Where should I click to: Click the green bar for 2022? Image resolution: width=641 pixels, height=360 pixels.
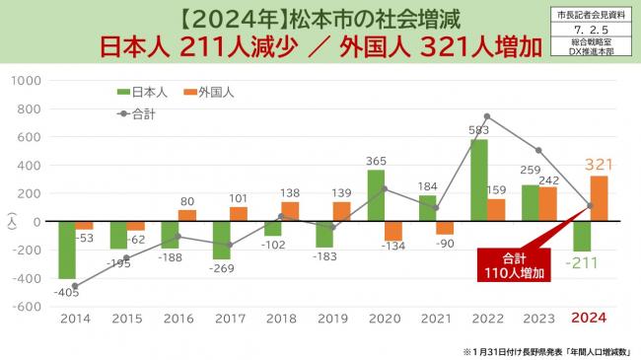478,180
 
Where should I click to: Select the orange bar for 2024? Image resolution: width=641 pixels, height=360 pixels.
600,198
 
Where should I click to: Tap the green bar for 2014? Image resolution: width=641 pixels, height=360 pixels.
67,250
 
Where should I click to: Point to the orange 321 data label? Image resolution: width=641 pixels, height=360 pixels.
600,164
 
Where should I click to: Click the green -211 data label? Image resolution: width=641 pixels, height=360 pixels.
582,264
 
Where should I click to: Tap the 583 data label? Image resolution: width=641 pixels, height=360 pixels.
478,130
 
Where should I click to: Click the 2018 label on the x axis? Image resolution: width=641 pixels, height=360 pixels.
281,319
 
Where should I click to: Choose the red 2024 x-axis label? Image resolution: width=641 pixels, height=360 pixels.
590,319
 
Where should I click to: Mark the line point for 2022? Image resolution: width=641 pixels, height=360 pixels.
487,116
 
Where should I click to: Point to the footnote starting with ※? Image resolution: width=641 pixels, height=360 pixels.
548,350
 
